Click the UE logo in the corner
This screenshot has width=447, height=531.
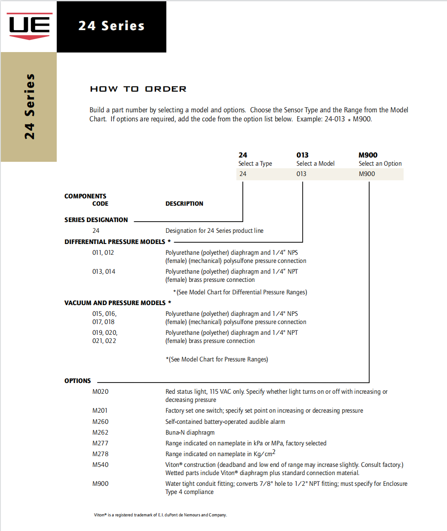pos(29,26)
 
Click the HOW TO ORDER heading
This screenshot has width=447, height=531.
pos(138,89)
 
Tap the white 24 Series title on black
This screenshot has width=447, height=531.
pos(111,26)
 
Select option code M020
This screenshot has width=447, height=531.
pos(100,392)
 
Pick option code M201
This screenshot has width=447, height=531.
pos(100,411)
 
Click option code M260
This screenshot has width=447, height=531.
pos(100,422)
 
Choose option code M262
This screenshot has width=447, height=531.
pos(100,432)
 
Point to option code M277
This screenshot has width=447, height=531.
pos(100,443)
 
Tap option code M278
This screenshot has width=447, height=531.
pos(100,454)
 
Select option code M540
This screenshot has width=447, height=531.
pos(100,465)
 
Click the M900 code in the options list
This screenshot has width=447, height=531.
pos(100,484)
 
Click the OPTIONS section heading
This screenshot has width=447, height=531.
pos(77,381)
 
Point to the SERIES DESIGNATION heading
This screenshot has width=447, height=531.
pos(96,220)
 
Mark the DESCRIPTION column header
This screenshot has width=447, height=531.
pos(184,204)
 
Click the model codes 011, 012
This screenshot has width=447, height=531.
pos(103,253)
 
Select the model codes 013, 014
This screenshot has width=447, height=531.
pos(104,272)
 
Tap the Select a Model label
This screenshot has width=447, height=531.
pos(315,164)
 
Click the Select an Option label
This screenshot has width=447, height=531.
pos(380,164)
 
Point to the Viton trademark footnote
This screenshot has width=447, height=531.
pos(160,515)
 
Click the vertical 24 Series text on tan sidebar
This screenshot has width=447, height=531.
pos(29,106)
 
